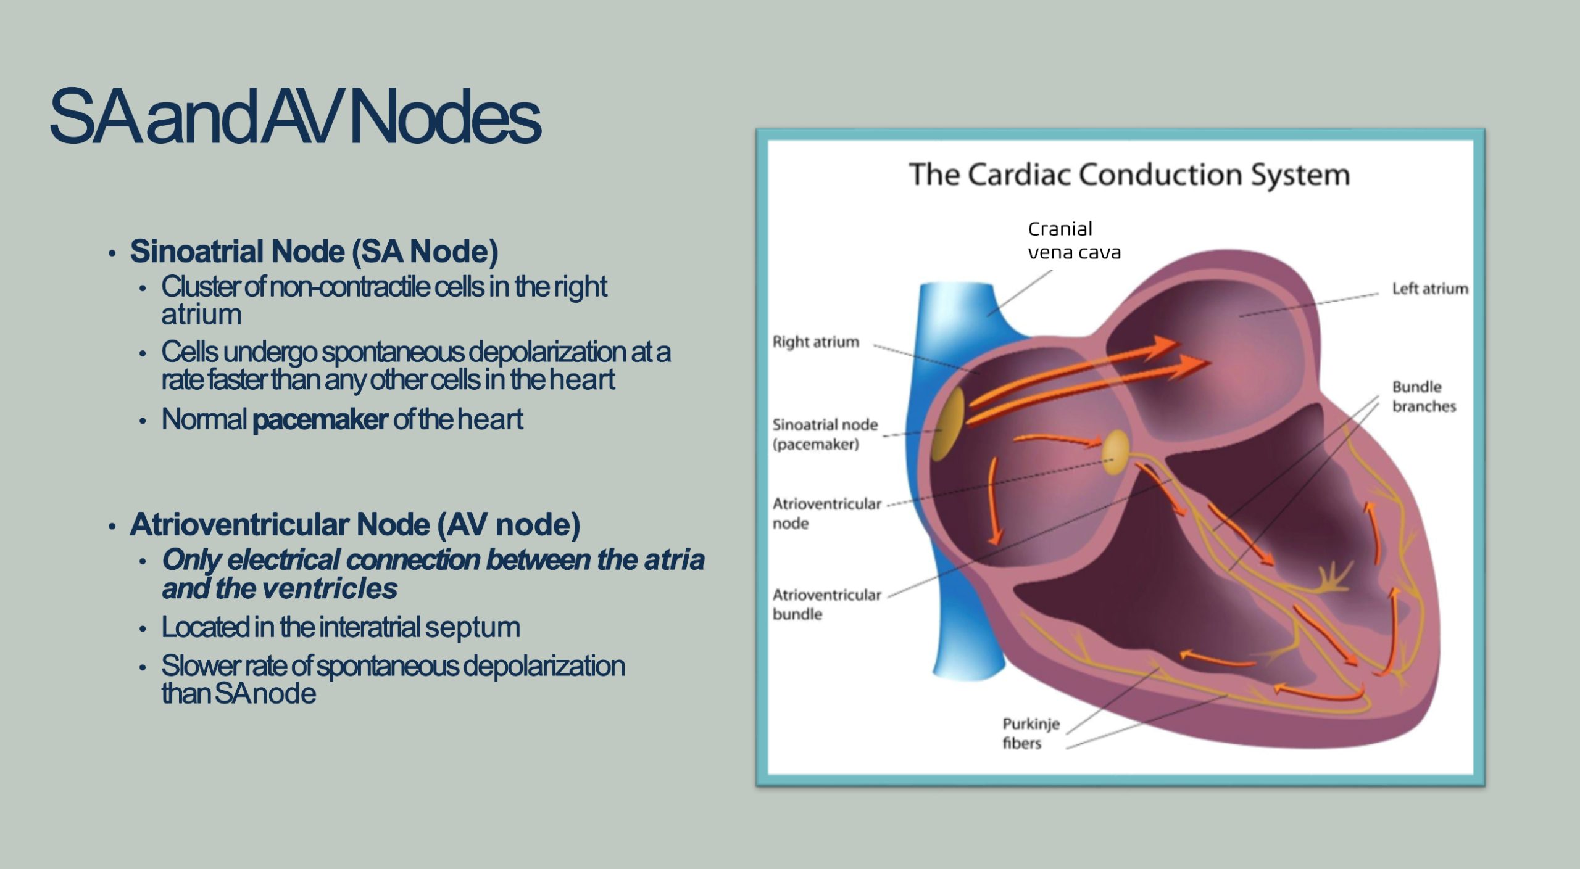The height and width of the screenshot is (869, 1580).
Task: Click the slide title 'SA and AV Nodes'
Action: coord(295,117)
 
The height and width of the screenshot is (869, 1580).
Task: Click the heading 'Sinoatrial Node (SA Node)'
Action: coord(314,252)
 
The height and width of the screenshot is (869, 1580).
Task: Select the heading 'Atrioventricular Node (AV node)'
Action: coord(355,525)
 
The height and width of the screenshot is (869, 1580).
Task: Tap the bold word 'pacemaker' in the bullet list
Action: coord(320,419)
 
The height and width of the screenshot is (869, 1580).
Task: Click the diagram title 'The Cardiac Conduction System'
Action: coord(1129,175)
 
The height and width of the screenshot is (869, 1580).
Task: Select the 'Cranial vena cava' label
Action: coord(1073,241)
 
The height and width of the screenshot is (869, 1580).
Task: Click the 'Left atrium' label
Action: coord(1429,289)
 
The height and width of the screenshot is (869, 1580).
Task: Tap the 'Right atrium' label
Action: coord(815,342)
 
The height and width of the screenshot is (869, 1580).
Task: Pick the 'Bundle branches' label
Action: coord(1423,397)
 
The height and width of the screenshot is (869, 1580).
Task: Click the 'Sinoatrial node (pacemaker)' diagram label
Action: coord(825,434)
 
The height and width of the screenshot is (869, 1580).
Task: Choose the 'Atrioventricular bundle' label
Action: coord(826,604)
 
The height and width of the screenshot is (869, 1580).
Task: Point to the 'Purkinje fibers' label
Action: coord(1030,733)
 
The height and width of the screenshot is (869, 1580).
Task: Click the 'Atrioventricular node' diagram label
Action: coord(826,513)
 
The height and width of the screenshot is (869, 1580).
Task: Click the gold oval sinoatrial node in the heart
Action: coord(947,424)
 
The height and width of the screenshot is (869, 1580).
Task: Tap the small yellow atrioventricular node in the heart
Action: coord(1115,453)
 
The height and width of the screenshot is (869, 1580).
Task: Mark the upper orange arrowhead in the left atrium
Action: coord(1163,346)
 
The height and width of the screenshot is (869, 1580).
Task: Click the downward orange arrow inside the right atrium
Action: coord(993,503)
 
